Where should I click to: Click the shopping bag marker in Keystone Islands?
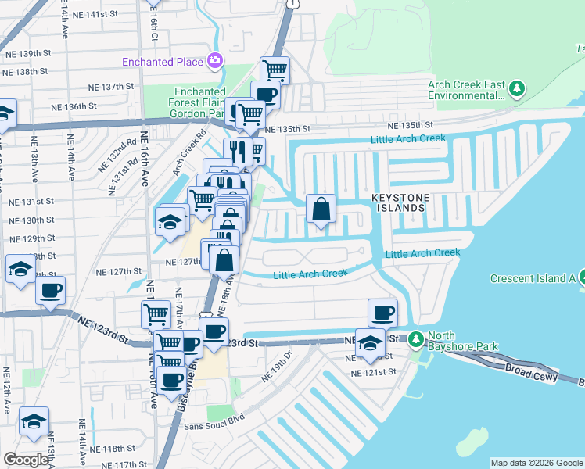(321, 209)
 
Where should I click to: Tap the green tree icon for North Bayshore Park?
(417, 339)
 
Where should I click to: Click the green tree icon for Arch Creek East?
(516, 89)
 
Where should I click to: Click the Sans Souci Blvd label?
(214, 426)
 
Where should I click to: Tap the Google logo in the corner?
(26, 460)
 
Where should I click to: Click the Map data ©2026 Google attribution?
(537, 463)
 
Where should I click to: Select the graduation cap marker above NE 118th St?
(34, 422)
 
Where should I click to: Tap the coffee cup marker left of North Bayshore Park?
(382, 313)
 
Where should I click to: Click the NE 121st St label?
(375, 374)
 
